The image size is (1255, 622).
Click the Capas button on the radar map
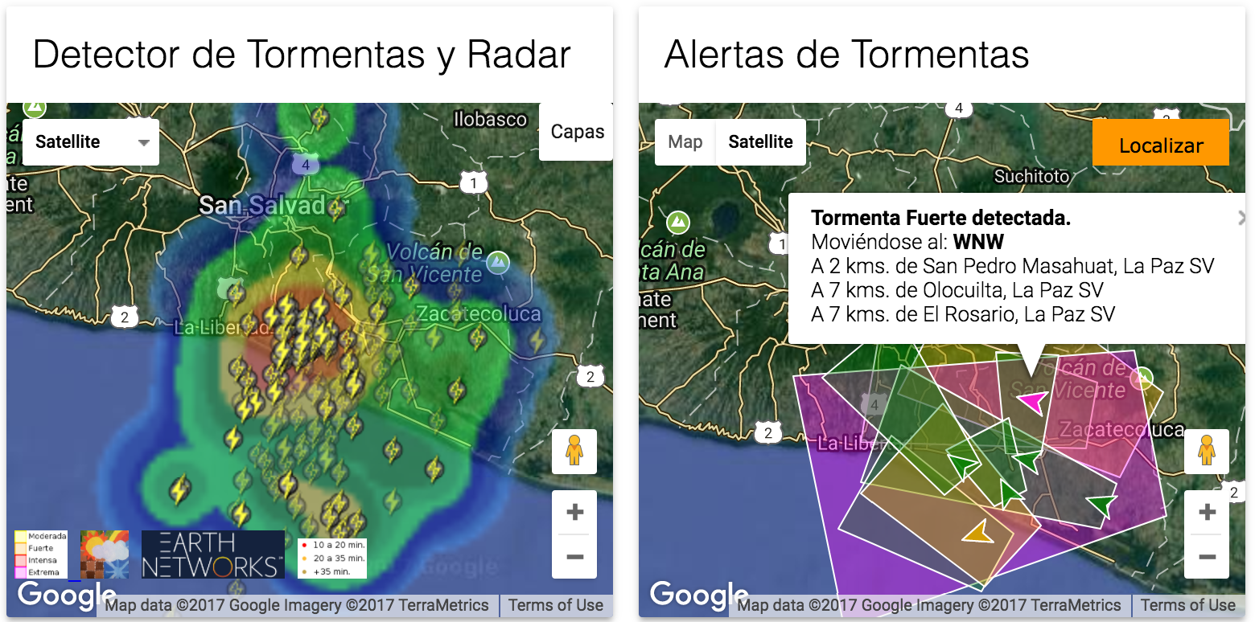577,132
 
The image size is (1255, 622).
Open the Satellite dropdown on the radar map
90,142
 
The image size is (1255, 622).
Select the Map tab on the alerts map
685,142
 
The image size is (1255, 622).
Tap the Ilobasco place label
490,120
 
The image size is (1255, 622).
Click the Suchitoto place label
1031,176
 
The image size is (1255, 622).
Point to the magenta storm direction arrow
1031,401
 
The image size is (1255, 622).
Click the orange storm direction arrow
978,532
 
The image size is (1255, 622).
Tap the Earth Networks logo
213,554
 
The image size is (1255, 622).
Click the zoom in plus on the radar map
574,513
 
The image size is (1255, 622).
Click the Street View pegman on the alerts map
1206,451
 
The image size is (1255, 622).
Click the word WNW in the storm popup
978,242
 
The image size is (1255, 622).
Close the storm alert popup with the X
1241,218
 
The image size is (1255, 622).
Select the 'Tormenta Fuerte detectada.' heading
940,218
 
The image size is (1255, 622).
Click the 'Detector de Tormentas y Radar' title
302,55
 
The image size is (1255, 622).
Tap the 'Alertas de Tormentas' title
846,55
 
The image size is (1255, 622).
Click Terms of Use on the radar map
555,605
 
